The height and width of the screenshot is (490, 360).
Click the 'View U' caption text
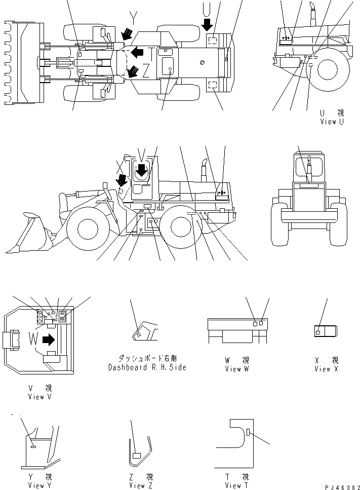(332, 122)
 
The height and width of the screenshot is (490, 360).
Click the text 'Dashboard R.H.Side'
(147, 367)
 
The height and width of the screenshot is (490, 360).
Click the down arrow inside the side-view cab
(142, 169)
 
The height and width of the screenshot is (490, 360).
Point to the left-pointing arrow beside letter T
(136, 52)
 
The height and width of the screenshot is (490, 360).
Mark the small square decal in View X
(318, 331)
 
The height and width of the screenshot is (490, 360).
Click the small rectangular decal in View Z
(136, 456)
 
